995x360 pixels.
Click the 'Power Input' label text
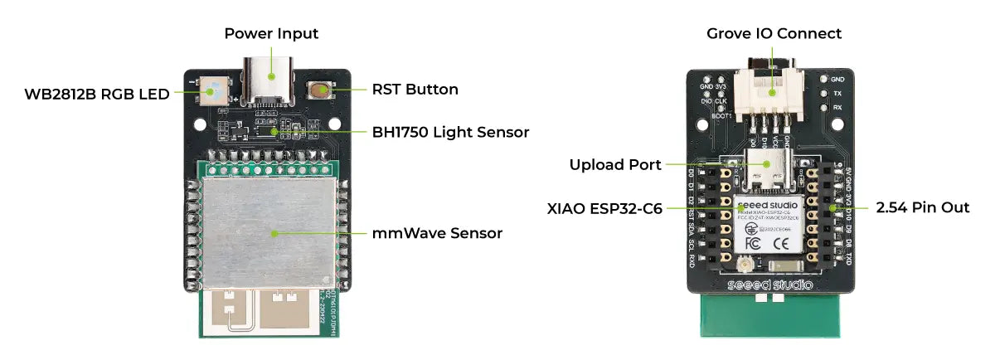pyautogui.click(x=271, y=34)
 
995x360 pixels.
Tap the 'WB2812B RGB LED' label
pyautogui.click(x=97, y=94)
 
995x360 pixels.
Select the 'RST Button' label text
pyautogui.click(x=415, y=89)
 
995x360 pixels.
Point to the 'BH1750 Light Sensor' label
pyautogui.click(x=450, y=132)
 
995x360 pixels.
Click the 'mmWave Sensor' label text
pyautogui.click(x=437, y=233)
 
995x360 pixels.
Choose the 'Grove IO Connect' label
pyautogui.click(x=774, y=34)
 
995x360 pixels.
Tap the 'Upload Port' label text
pyautogui.click(x=614, y=164)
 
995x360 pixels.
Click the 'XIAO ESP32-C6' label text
pyautogui.click(x=603, y=208)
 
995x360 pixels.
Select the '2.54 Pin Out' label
pyautogui.click(x=923, y=207)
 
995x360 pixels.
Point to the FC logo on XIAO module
pyautogui.click(x=753, y=244)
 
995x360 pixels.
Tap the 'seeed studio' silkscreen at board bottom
pyautogui.click(x=771, y=285)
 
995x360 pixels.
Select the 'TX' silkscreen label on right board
pyautogui.click(x=837, y=94)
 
